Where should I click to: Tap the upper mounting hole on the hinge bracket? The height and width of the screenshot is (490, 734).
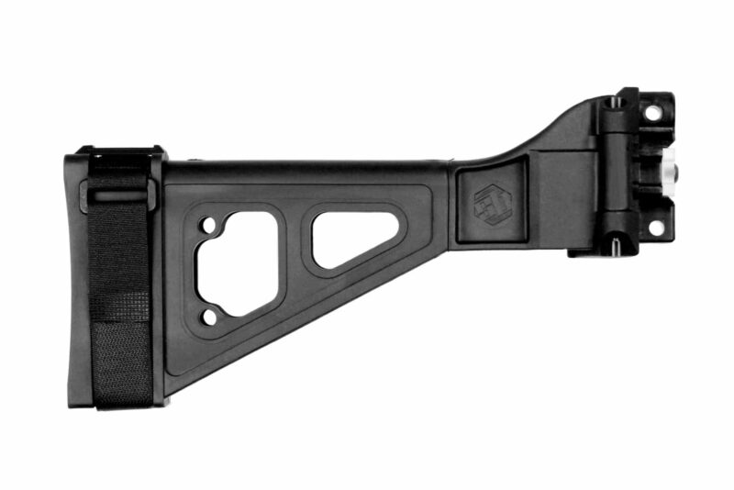coord(652,114)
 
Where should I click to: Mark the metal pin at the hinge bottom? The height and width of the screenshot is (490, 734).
coord(617,244)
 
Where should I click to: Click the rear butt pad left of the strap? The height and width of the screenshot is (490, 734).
coord(76,275)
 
